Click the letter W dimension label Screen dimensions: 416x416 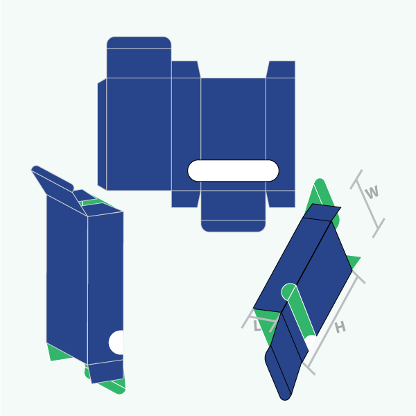(372, 192)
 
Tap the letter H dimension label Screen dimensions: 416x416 (340, 327)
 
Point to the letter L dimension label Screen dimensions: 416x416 (257, 326)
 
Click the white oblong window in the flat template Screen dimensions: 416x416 (233, 171)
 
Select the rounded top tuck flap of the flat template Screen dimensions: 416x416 (139, 57)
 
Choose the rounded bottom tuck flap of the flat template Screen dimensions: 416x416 (233, 211)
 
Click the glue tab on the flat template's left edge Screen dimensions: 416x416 (102, 135)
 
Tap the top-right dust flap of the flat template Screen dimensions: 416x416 (281, 69)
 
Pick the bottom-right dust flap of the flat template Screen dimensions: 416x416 (281, 199)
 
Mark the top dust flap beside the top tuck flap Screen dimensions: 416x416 (185, 69)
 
